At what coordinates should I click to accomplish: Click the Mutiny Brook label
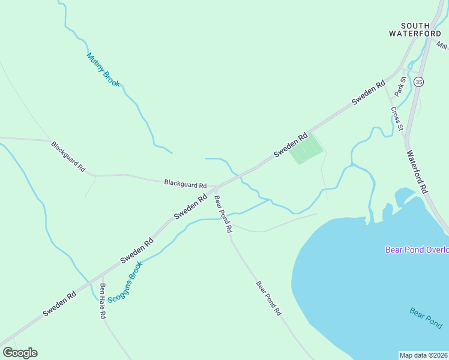point(103,70)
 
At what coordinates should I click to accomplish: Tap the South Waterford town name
point(415,29)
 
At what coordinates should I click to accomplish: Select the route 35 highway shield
point(418,82)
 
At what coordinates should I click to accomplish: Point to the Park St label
point(400,86)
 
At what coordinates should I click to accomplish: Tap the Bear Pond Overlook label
point(417,250)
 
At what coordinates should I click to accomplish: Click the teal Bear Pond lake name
point(426,317)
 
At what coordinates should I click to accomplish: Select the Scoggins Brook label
point(125,281)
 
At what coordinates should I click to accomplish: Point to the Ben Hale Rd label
point(103,300)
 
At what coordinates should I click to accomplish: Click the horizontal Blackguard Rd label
point(185,182)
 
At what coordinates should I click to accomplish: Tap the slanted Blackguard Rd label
point(68,157)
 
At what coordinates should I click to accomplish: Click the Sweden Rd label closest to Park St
point(368,94)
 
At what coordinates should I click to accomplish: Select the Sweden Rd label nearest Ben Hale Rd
point(59,304)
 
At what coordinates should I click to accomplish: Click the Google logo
point(20,353)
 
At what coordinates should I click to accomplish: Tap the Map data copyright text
point(424,355)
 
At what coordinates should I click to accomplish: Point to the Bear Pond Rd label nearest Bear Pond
point(268,298)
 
